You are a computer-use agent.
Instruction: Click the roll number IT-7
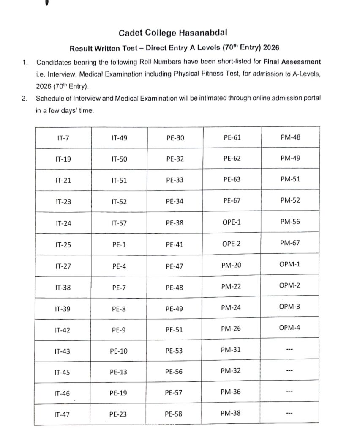coord(63,138)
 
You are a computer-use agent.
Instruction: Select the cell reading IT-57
coord(119,223)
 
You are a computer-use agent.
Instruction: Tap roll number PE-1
coord(119,244)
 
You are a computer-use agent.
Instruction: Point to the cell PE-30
coord(175,138)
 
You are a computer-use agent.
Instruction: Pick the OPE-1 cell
coord(232,222)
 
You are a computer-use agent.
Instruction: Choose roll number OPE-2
coord(232,244)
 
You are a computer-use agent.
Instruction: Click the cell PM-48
coord(290,137)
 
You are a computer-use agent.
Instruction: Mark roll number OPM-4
coord(290,327)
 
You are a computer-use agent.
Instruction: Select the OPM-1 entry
coord(290,264)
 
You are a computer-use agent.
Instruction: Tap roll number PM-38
coord(231,413)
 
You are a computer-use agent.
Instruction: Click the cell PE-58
coord(174,414)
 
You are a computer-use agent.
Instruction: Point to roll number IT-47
coord(62,415)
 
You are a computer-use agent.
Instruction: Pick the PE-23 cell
coord(118,414)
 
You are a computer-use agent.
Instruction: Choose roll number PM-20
coord(231,265)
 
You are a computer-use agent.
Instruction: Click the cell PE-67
coord(232,200)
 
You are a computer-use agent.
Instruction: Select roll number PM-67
coord(290,243)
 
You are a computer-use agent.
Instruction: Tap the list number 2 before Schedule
coord(24,99)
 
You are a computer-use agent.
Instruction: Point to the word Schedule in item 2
coord(49,99)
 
